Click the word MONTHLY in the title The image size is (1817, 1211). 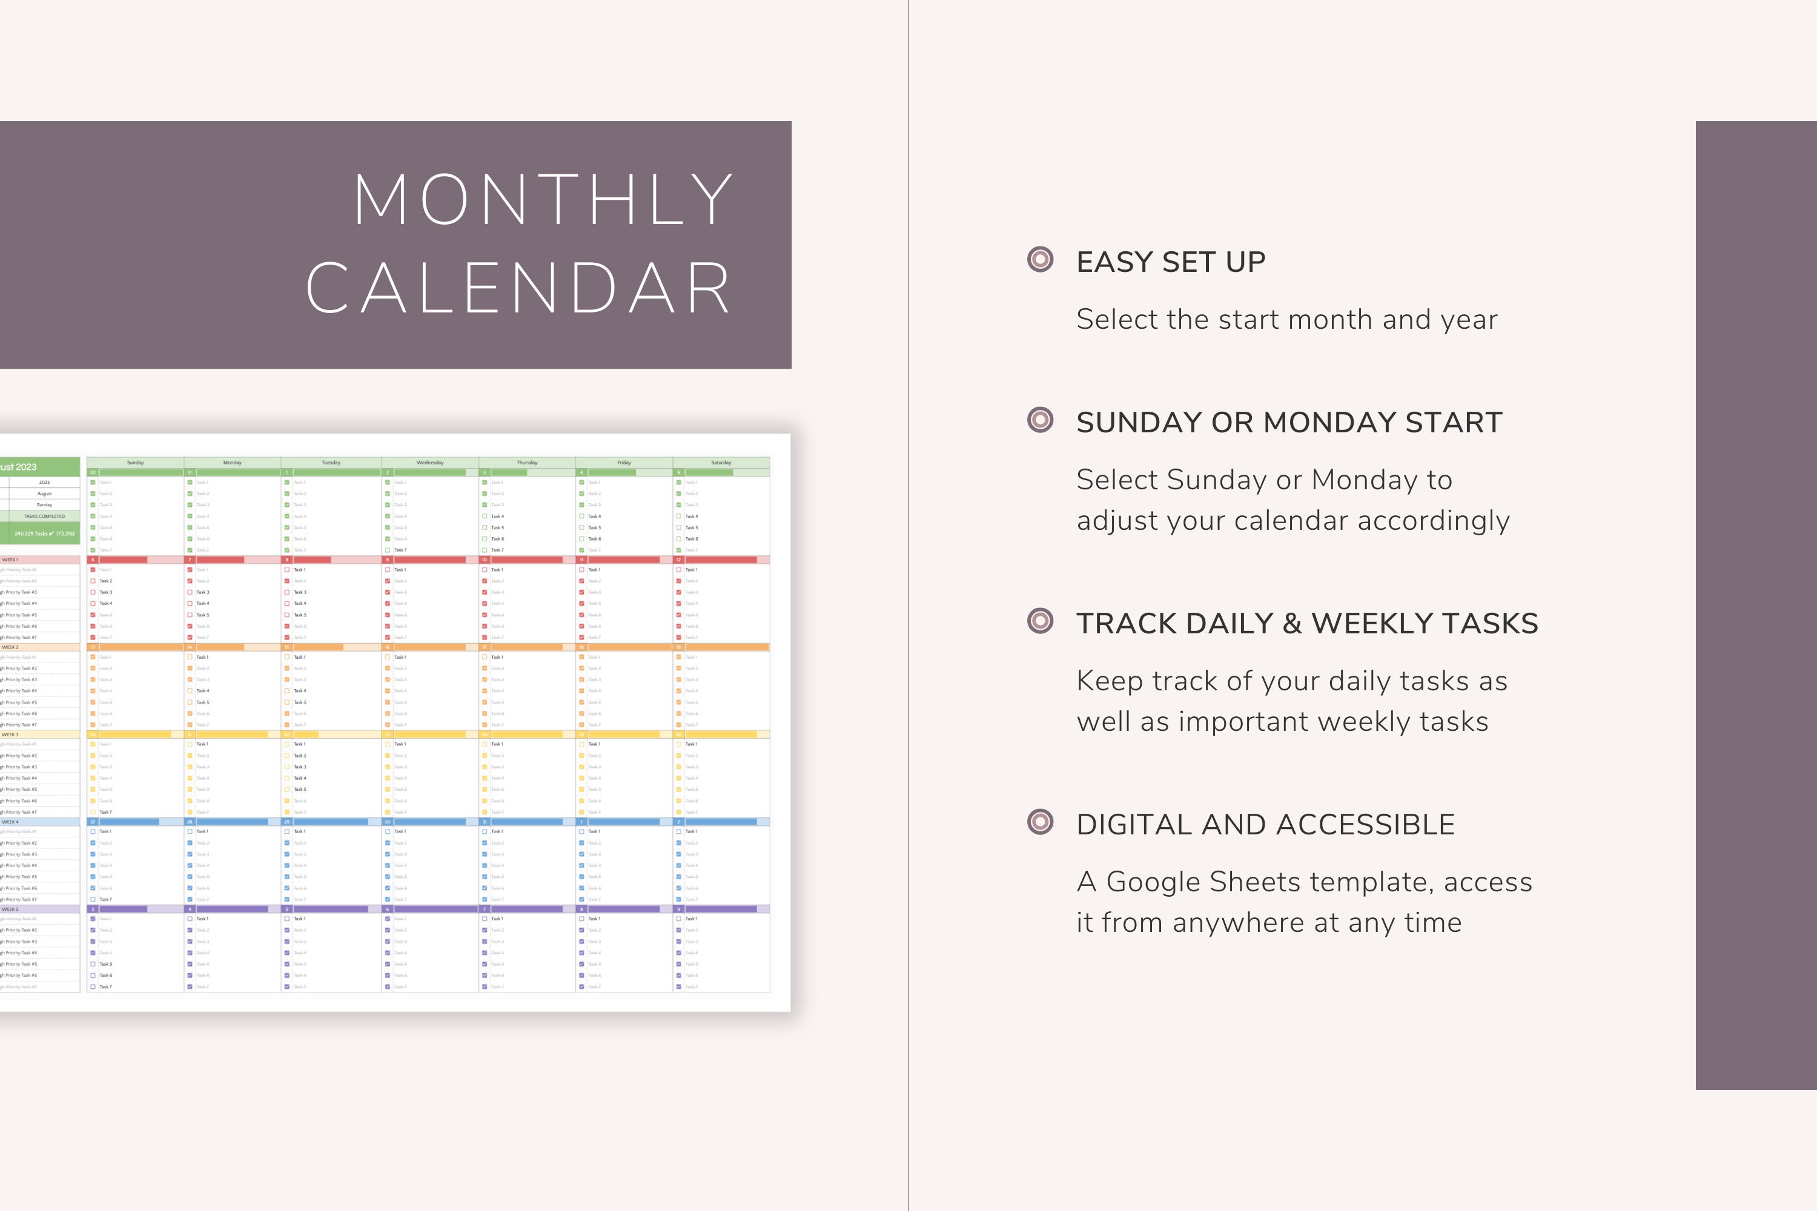tap(543, 199)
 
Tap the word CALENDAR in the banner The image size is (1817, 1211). tap(518, 289)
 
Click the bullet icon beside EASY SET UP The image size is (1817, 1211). tap(1040, 260)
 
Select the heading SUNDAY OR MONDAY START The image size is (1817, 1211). tap(1289, 423)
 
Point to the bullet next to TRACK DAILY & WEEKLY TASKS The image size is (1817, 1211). tap(1040, 621)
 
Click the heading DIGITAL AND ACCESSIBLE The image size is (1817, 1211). tap(1265, 825)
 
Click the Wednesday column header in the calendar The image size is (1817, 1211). tap(429, 463)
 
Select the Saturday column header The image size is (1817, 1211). tap(721, 463)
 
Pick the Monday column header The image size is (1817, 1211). tap(233, 463)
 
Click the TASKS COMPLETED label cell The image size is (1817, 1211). tap(44, 516)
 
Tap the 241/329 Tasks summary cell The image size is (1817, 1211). tap(44, 533)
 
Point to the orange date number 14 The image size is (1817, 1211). tap(189, 647)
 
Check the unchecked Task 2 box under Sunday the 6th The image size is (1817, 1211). tap(93, 581)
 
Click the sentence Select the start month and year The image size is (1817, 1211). tap(1286, 320)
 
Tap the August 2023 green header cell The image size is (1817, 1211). tap(19, 466)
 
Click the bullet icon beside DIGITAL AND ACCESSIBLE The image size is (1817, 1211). tap(1040, 822)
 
